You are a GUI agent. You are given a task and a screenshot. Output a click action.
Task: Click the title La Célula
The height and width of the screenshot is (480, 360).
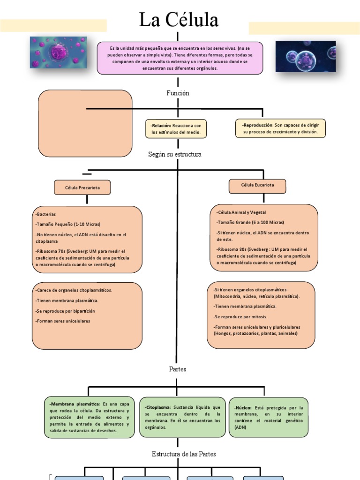[x=179, y=20]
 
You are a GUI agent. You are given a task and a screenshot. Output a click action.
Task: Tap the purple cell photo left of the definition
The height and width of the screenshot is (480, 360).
[x=58, y=52]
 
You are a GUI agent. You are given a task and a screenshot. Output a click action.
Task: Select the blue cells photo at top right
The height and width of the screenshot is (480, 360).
[x=305, y=56]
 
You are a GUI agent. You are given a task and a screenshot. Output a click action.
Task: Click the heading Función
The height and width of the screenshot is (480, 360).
[x=178, y=93]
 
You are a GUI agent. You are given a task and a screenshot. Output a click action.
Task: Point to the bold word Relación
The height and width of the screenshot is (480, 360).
[x=161, y=126]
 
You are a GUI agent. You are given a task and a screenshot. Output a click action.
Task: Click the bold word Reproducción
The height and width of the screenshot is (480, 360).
[x=258, y=125]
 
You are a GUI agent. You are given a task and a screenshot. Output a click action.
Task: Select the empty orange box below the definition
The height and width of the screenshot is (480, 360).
[x=85, y=123]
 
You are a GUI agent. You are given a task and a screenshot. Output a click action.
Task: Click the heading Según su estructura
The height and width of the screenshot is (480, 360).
[x=174, y=155]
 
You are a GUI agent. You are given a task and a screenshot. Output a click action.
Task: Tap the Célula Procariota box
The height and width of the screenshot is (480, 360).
[x=82, y=188]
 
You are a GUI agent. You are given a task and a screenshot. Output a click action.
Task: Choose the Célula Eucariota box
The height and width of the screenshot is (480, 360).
[x=257, y=185]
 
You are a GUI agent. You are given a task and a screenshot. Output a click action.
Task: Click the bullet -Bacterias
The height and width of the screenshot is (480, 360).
[x=45, y=214]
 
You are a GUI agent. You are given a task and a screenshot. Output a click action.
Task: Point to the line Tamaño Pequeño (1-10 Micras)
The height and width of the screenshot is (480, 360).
[x=68, y=224]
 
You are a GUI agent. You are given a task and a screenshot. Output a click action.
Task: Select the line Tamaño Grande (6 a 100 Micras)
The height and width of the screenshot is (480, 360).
[x=250, y=222]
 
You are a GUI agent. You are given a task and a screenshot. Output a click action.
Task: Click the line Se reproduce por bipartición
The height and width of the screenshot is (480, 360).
[x=65, y=311]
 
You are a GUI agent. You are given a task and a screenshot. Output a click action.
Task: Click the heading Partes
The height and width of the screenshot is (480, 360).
[x=178, y=369]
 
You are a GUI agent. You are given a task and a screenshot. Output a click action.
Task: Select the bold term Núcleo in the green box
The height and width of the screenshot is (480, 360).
[x=243, y=408]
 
